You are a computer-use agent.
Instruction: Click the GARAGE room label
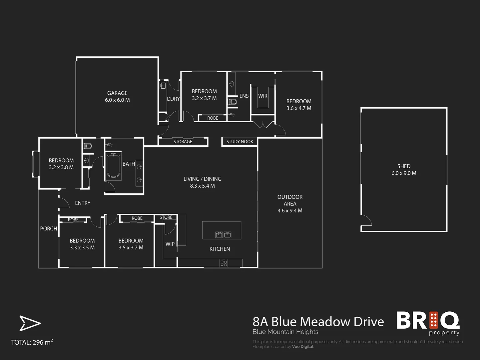point(117,93)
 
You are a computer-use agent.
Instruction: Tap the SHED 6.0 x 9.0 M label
point(404,170)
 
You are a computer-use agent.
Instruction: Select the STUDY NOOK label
point(240,142)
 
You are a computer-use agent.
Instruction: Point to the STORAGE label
point(183,142)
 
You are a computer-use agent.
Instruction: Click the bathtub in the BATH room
point(113,166)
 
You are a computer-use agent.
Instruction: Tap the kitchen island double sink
point(223,235)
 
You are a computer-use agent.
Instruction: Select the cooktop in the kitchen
point(224,263)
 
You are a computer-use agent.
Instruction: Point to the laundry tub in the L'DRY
point(163,86)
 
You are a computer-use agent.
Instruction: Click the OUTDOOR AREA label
point(290,204)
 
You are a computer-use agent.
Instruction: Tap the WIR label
point(263,96)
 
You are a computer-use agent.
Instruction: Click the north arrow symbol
point(30,323)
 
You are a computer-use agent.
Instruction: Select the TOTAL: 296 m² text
point(32,342)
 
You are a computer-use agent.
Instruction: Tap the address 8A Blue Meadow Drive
point(318,322)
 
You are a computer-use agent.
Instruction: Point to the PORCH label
point(49,229)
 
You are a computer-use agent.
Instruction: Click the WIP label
point(170,244)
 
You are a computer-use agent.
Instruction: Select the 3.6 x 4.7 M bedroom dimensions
point(299,108)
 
